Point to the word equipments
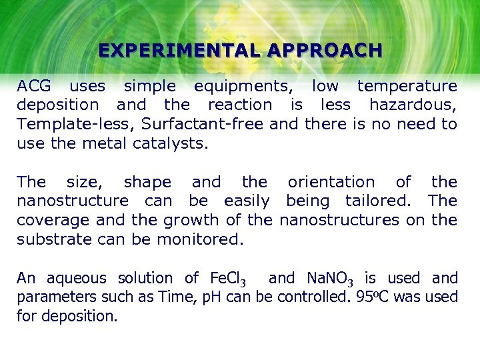[x=243, y=87]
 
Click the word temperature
[x=407, y=86]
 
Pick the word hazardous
[x=413, y=105]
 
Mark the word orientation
[x=331, y=182]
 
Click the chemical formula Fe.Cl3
[x=228, y=279]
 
